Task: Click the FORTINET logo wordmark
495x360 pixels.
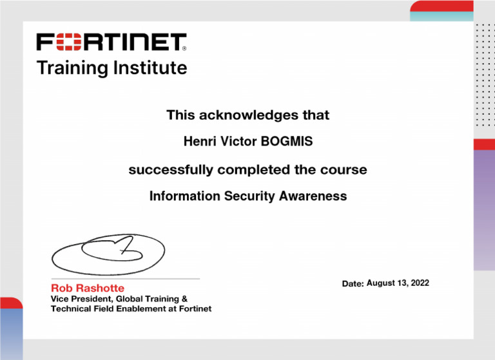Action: (x=110, y=43)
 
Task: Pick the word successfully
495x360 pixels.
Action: (x=171, y=170)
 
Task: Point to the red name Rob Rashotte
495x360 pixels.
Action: (x=88, y=288)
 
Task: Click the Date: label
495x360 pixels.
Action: (x=353, y=284)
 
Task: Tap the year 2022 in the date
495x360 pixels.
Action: (x=418, y=283)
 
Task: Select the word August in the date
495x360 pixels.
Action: (x=382, y=283)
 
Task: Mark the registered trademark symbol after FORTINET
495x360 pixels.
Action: (x=184, y=48)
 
